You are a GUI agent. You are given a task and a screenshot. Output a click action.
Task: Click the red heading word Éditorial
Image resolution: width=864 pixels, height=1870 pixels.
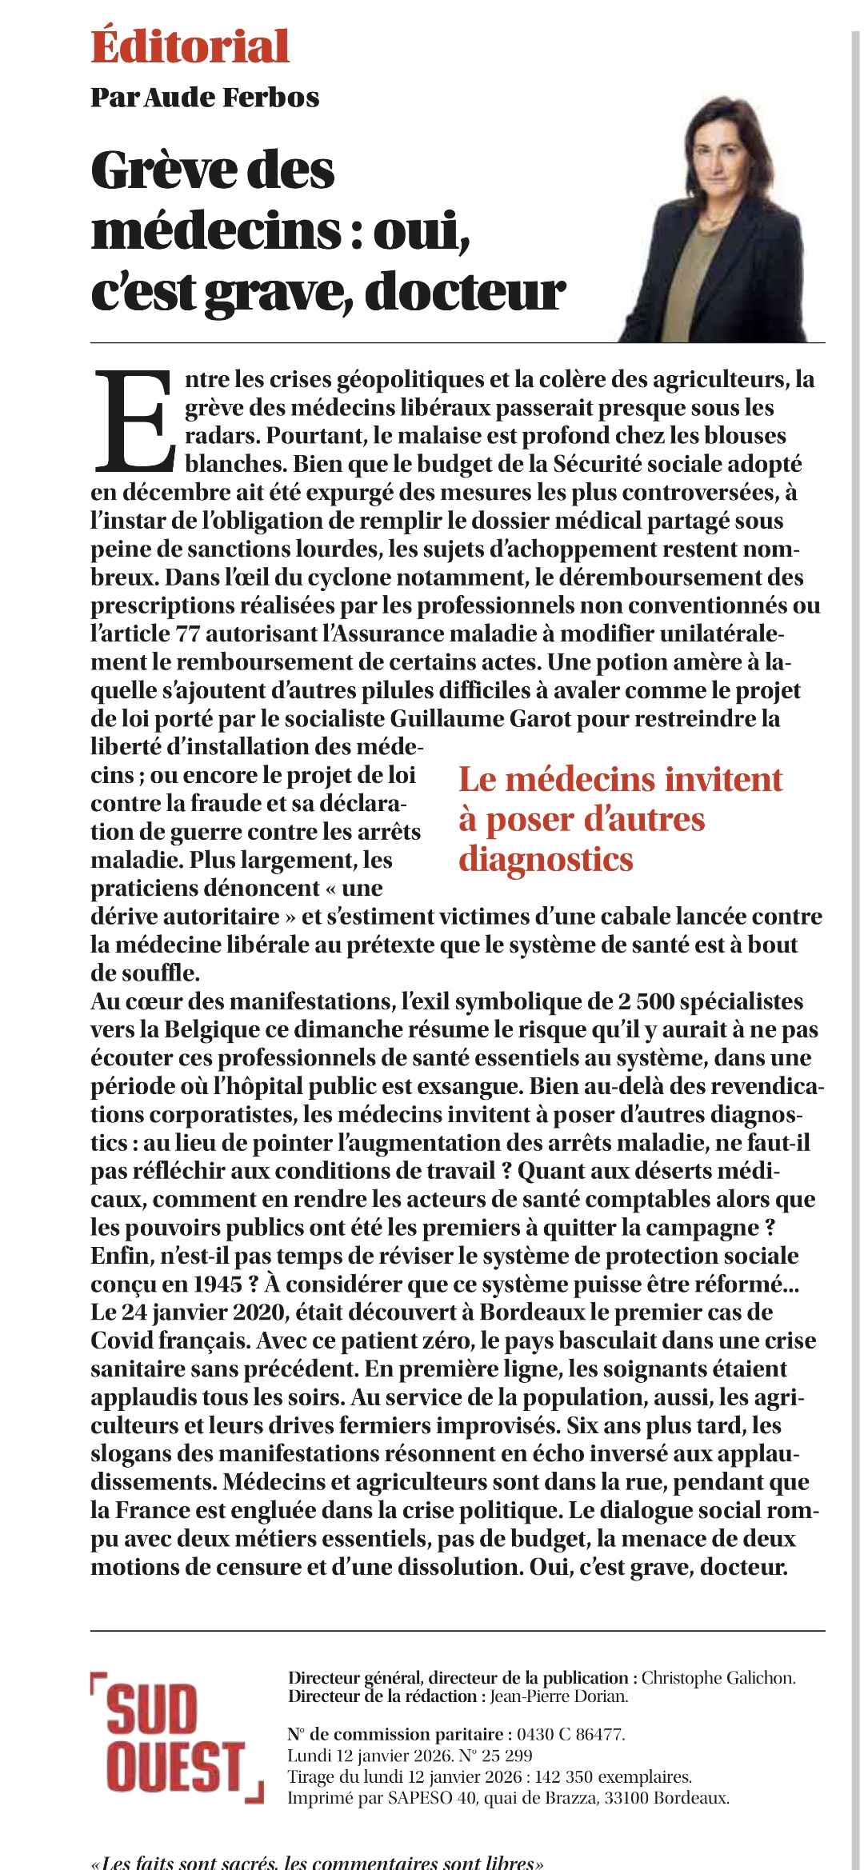tap(190, 46)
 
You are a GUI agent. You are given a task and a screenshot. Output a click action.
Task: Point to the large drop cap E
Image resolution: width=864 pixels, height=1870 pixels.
tap(134, 421)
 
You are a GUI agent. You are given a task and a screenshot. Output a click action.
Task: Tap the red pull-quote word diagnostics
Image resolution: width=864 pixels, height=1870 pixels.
tap(546, 859)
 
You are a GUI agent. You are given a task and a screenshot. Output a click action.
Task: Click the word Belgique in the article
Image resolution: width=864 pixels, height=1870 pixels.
tap(212, 1029)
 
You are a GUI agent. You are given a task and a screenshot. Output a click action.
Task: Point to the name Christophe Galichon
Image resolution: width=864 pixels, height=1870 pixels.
tap(718, 1677)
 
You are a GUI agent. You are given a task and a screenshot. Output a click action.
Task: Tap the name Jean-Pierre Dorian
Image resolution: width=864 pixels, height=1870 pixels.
tap(558, 1696)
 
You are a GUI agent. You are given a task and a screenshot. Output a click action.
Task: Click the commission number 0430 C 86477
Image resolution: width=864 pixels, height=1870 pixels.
tap(570, 1734)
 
